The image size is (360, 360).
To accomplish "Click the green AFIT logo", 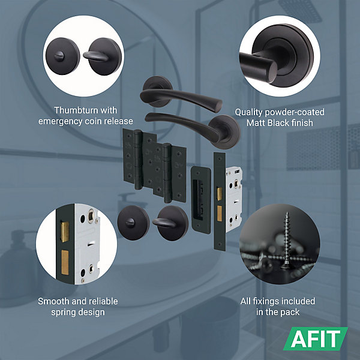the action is coord(316,338).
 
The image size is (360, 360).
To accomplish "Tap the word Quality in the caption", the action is coord(248,113).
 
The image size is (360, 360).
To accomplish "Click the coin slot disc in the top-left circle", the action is coord(62,56).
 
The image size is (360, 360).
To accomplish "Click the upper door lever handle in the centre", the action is coord(179,95).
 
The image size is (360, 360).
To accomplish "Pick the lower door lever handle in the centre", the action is coord(193,129).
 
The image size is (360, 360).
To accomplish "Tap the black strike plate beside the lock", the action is coord(201,200).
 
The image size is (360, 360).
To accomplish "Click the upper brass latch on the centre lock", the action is coord(220,194).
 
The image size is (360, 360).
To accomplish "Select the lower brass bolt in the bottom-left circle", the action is coord(65,262).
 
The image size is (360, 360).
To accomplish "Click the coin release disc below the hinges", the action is coord(133,222).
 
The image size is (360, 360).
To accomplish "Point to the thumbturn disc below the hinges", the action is coord(170,223).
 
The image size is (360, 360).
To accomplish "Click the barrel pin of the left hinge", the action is coord(138,160).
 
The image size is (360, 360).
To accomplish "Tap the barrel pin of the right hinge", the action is coord(167,173).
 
